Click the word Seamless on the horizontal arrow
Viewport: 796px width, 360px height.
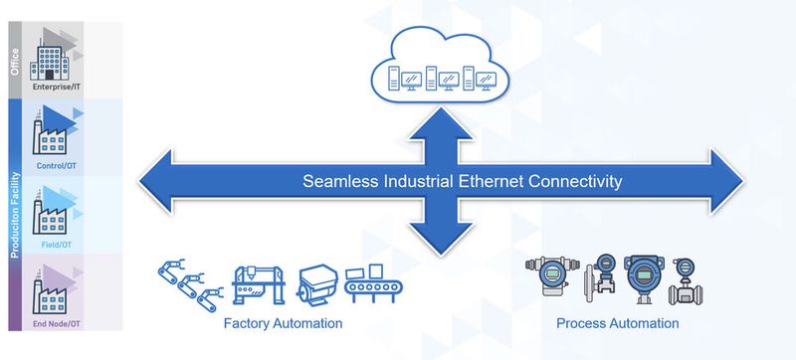[337, 182]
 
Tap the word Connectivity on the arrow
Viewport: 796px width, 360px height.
[576, 182]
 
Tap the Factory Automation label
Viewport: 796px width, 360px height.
[283, 324]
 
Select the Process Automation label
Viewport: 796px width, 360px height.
[617, 324]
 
